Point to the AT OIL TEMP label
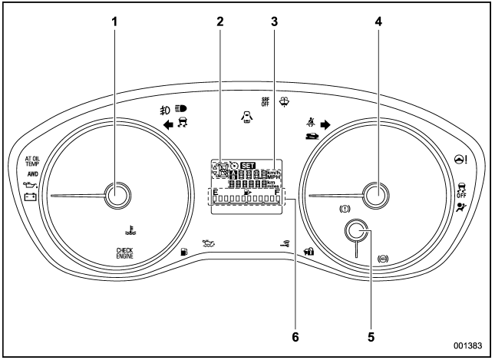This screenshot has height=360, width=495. click(37, 162)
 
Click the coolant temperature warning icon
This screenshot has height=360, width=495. click(126, 227)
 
